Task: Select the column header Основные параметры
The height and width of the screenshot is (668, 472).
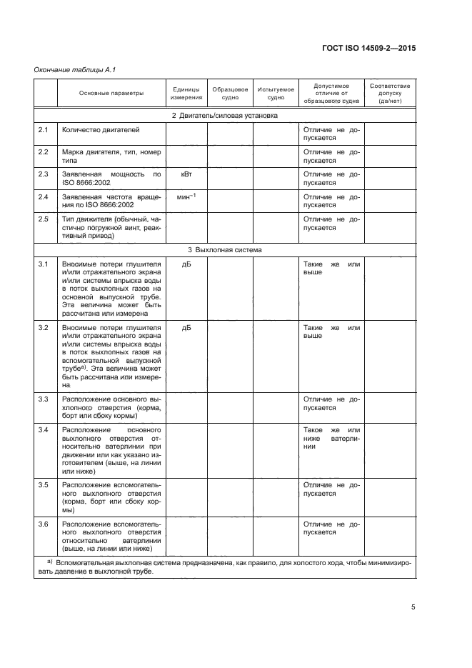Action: click(x=111, y=93)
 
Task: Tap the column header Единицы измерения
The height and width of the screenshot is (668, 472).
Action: click(x=186, y=93)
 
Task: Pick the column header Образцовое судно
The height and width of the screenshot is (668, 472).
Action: click(x=230, y=93)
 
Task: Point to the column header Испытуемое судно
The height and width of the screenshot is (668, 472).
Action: click(x=275, y=93)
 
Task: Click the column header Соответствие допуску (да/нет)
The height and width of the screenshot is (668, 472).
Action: click(x=391, y=93)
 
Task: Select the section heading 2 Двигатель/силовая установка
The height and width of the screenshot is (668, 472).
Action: click(x=225, y=114)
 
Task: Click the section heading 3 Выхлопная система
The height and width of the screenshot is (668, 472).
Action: click(x=225, y=250)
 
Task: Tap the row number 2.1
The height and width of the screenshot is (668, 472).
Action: click(x=43, y=129)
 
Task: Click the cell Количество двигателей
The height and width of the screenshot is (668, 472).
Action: click(x=101, y=129)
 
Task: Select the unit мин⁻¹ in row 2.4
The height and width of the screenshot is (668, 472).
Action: click(x=186, y=196)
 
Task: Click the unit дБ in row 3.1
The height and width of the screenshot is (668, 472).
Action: click(x=186, y=265)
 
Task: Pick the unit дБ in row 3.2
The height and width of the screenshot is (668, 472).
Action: click(x=186, y=327)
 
